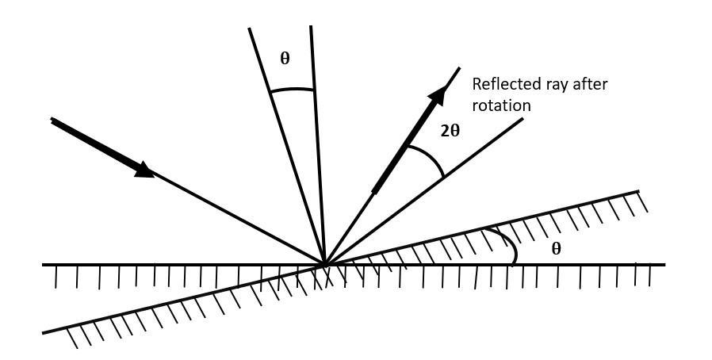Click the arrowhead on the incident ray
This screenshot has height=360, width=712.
[x=144, y=169]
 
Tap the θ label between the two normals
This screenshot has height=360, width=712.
[x=285, y=58]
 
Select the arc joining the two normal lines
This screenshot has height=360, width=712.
[x=292, y=90]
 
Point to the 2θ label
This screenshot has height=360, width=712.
[x=450, y=131]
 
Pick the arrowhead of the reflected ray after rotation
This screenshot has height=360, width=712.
[x=435, y=98]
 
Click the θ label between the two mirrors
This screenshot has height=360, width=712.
[x=556, y=248]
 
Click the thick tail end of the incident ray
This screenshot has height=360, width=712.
[x=52, y=120]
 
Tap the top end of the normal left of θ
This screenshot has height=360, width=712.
[x=249, y=29]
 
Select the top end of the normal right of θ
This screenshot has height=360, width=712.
[x=311, y=26]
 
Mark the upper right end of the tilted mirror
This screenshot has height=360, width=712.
[x=638, y=191]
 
